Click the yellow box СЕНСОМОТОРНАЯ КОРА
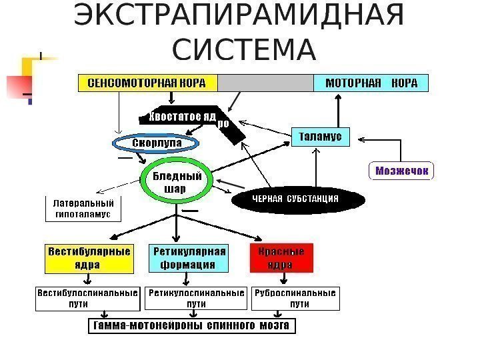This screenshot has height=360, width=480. pyautogui.click(x=148, y=83)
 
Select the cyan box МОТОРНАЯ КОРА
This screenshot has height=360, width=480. pyautogui.click(x=371, y=83)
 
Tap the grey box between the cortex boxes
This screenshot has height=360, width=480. pyautogui.click(x=265, y=83)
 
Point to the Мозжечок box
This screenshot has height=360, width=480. pyautogui.click(x=401, y=171)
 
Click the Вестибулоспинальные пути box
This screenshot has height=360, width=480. pyautogui.click(x=87, y=298)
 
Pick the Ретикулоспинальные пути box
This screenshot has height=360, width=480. pyautogui.click(x=196, y=298)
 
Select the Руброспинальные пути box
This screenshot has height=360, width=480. pyautogui.click(x=295, y=298)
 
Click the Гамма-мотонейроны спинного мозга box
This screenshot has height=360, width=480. pyautogui.click(x=192, y=327)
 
